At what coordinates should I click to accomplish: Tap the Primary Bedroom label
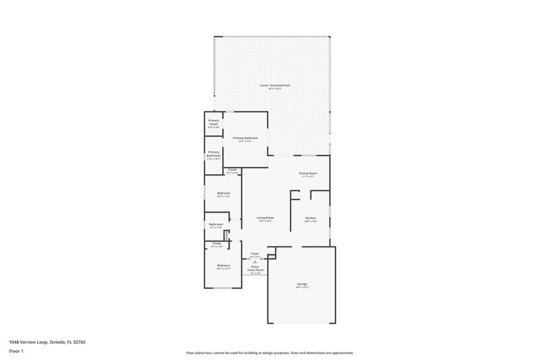246,138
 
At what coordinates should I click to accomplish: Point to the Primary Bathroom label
214,154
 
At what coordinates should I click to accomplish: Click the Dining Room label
308,174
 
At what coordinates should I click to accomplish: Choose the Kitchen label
310,219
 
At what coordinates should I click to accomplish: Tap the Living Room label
265,218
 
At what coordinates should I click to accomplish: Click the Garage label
302,285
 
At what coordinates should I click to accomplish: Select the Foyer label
254,254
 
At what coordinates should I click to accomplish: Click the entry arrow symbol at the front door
254,261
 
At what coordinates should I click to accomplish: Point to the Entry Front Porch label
254,269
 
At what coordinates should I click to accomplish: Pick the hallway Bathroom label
216,225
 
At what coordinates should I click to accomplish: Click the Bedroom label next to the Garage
223,266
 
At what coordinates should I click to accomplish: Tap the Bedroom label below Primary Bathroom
223,195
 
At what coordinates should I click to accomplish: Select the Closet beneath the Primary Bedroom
232,170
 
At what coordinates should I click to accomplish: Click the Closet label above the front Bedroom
217,244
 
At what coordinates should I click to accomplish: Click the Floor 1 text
16,351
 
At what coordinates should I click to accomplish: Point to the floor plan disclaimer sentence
270,353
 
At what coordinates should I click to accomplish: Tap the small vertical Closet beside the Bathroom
227,235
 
